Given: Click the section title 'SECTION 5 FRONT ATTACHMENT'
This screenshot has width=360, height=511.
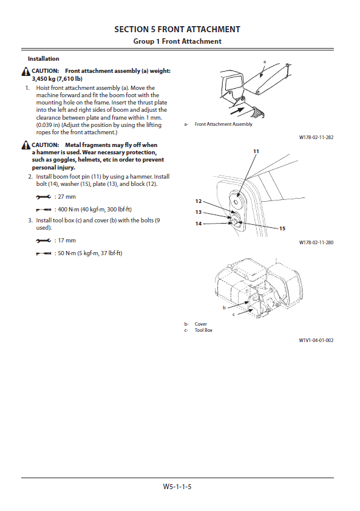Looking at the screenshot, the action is (x=177, y=29).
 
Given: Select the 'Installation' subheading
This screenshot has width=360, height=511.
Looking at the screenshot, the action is (x=43, y=59).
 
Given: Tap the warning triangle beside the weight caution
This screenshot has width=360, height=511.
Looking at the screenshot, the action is (x=26, y=71).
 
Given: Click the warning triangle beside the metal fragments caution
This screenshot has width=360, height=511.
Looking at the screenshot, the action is (x=26, y=145).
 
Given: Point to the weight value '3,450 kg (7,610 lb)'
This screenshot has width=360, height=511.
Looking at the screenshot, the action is (x=57, y=78).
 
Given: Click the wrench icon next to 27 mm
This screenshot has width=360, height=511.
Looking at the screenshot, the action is (x=43, y=197).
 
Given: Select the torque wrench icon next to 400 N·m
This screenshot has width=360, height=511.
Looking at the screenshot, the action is (x=43, y=209).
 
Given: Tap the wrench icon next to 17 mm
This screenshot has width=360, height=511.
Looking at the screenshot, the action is (x=43, y=241).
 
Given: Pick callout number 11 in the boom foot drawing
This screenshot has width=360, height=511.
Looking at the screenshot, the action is (x=256, y=151).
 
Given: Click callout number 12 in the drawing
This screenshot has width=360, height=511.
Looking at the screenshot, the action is (x=199, y=201).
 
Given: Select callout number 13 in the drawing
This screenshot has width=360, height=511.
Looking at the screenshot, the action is (x=199, y=212).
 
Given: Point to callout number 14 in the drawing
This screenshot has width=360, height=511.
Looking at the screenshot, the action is (x=199, y=224).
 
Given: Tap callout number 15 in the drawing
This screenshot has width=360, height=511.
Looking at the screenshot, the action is (x=282, y=228).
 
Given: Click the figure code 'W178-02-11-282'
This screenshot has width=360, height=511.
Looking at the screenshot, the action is (x=316, y=137).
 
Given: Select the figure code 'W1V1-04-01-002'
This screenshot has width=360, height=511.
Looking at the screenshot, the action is (x=316, y=340).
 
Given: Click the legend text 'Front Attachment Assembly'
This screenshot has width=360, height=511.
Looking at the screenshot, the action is (x=223, y=124).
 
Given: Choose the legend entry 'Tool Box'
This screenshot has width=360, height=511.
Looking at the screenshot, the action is (x=203, y=330).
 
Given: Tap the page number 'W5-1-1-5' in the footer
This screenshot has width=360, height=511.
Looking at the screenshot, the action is (x=177, y=487).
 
